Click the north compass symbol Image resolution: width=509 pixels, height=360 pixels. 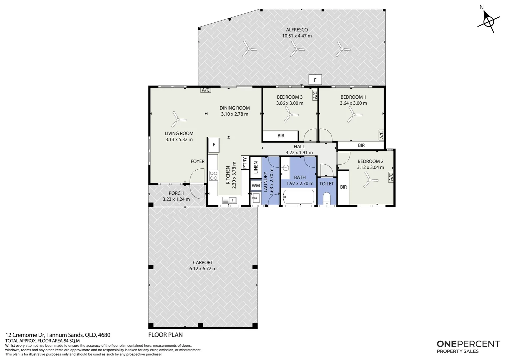pyautogui.click(x=489, y=22)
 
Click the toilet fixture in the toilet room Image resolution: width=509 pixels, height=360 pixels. pyautogui.click(x=326, y=199)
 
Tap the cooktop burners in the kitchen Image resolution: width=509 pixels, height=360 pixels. pyautogui.click(x=214, y=176)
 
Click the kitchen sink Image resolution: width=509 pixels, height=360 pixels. pyautogui.click(x=230, y=200)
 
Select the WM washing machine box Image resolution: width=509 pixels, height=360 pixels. pyautogui.click(x=256, y=186)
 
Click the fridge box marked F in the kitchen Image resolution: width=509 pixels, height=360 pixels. pyautogui.click(x=214, y=145)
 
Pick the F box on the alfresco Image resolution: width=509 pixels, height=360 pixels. pyautogui.click(x=315, y=80)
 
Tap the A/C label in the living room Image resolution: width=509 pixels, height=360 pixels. pyautogui.click(x=206, y=90)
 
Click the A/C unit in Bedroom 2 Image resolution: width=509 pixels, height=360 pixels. pyautogui.click(x=391, y=177)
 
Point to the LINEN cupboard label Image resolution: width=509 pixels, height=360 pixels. pyautogui.click(x=256, y=167)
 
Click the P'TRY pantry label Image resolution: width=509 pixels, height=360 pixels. pyautogui.click(x=245, y=163)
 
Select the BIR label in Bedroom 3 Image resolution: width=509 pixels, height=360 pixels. pyautogui.click(x=281, y=136)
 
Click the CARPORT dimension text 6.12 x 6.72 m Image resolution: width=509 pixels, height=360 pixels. pyautogui.click(x=203, y=269)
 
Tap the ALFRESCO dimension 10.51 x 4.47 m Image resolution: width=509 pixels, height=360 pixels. pyautogui.click(x=297, y=36)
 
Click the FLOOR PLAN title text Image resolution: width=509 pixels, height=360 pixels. pyautogui.click(x=166, y=335)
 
